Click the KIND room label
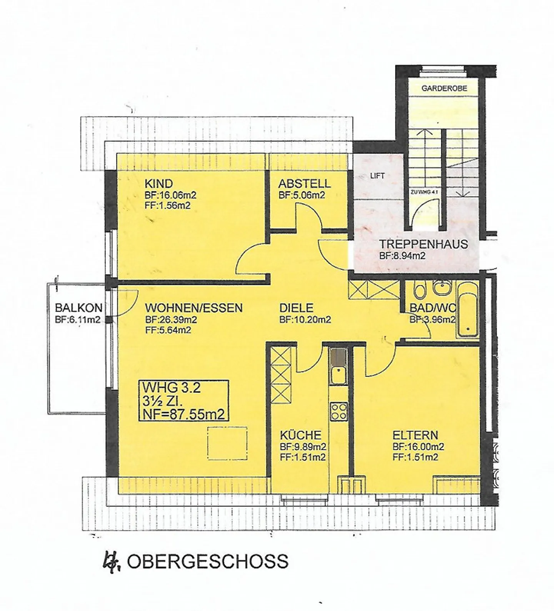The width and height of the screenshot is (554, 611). [159, 183]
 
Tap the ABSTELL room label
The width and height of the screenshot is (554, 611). [304, 183]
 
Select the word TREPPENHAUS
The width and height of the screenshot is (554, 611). [424, 244]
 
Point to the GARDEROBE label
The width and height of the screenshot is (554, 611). [444, 88]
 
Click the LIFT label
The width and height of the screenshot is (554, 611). [377, 176]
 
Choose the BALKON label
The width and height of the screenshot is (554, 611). [78, 308]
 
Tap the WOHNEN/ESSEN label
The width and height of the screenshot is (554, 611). [194, 308]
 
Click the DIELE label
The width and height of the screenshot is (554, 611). [296, 308]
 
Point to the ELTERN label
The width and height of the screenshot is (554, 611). [415, 435]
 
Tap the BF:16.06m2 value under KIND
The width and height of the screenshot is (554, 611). [170, 195]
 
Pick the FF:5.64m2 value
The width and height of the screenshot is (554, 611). [168, 330]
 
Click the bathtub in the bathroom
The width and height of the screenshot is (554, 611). [467, 310]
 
